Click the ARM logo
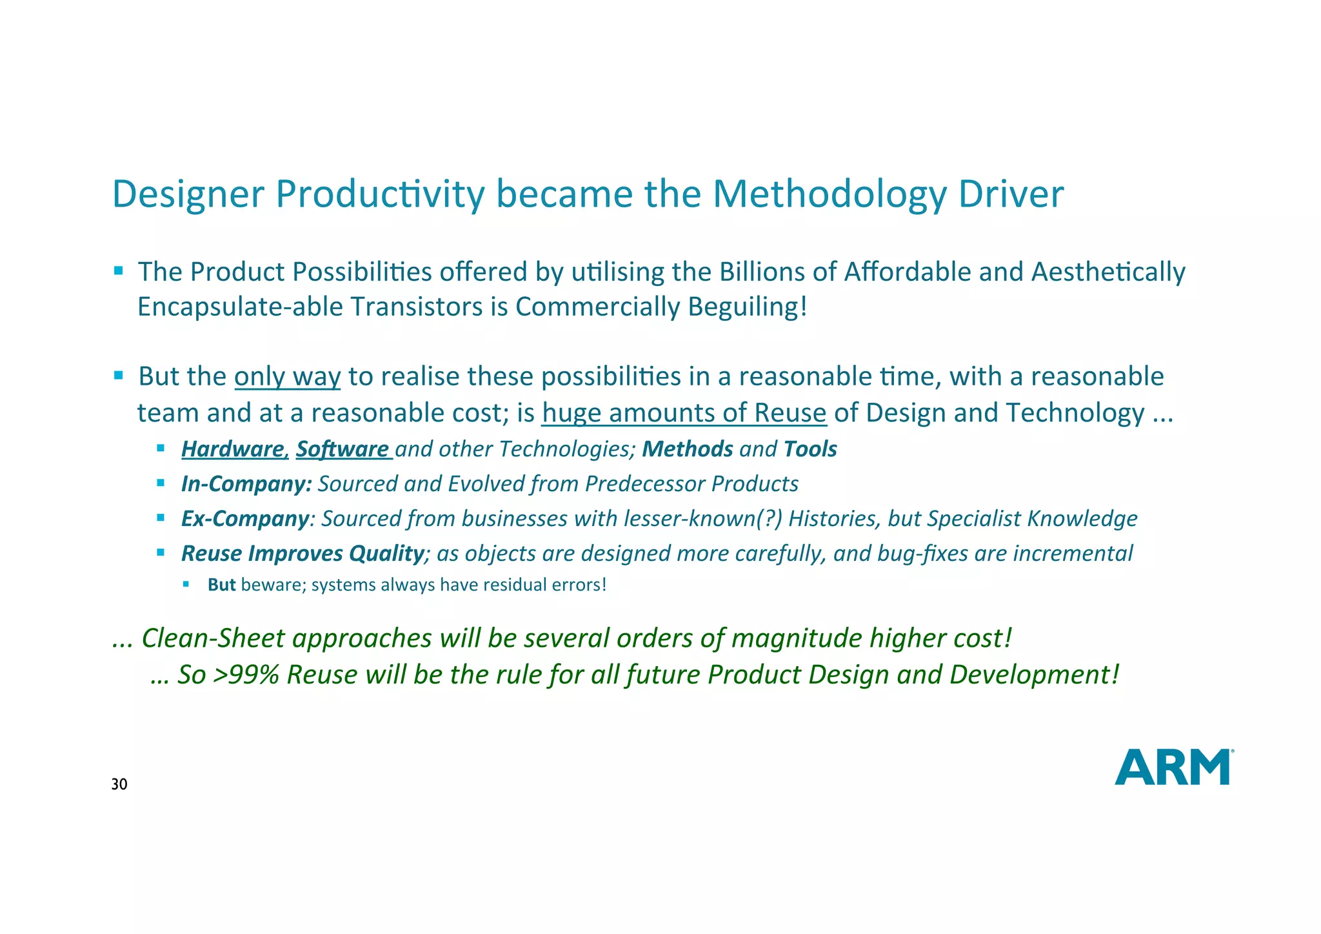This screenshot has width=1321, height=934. (x=1173, y=767)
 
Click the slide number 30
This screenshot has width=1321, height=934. (x=119, y=785)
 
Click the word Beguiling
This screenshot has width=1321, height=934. (x=747, y=307)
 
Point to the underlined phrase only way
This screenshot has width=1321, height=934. (x=287, y=376)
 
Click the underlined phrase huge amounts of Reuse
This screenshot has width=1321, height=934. (x=684, y=412)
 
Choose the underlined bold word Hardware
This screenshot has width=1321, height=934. (x=233, y=449)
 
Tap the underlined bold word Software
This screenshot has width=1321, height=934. (x=343, y=449)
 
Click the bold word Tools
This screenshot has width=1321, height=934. (x=810, y=449)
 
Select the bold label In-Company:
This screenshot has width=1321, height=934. (x=246, y=484)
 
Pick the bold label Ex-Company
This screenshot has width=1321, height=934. (x=245, y=519)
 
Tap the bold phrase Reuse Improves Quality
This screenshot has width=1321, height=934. (x=302, y=553)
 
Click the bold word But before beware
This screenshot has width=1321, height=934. (x=221, y=585)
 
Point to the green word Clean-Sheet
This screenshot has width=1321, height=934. (x=212, y=638)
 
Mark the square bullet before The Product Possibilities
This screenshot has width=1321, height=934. (x=118, y=270)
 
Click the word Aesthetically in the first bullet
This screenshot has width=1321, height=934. (x=1107, y=272)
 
